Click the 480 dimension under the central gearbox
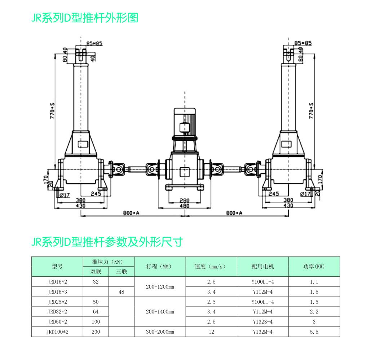[x=185, y=206]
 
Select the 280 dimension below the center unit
[x=185, y=200]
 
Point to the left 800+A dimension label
[x=131, y=213]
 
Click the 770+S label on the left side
[x=53, y=111]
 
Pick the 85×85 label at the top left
[x=94, y=44]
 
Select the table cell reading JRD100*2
[x=57, y=332]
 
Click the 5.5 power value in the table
[x=314, y=332]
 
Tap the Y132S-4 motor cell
[x=262, y=322]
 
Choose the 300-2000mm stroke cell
[x=160, y=332]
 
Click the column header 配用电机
[x=262, y=267]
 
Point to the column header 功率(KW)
[x=314, y=267]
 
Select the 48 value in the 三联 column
[x=121, y=292]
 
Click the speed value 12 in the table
[x=211, y=332]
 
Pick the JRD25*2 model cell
[x=57, y=302]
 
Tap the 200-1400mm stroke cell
[x=160, y=312]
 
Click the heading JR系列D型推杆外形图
[x=85, y=18]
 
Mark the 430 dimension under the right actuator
[x=288, y=206]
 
